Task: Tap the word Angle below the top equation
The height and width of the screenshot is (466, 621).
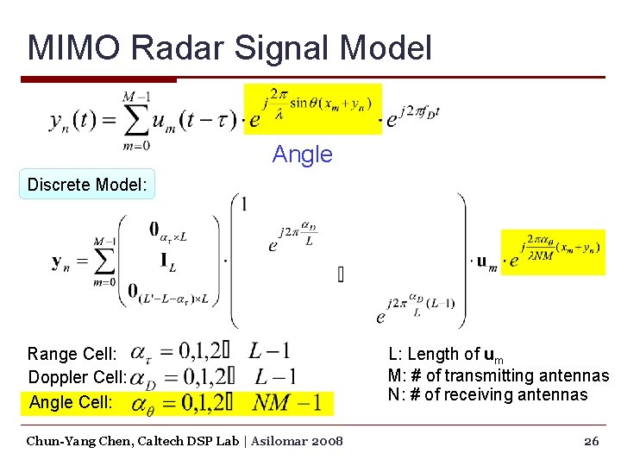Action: pos(302,154)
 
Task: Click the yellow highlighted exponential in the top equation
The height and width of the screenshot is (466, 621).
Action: pos(312,110)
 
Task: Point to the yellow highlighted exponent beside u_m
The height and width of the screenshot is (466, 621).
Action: pos(553,253)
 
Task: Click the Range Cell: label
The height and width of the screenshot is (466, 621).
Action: pos(72,354)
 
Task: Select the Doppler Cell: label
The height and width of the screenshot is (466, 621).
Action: pos(78,377)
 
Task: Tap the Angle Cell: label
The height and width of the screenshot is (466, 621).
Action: pos(71,402)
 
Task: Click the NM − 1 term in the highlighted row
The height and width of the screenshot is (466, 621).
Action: pos(287,402)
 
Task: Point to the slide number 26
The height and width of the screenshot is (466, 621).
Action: pos(591,441)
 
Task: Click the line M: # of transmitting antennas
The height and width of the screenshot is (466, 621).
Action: pos(498,375)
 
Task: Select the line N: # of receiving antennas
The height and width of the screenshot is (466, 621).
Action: pos(487,395)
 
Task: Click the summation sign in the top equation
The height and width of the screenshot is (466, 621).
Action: pos(135,120)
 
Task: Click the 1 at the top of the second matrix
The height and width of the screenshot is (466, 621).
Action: pos(245,205)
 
